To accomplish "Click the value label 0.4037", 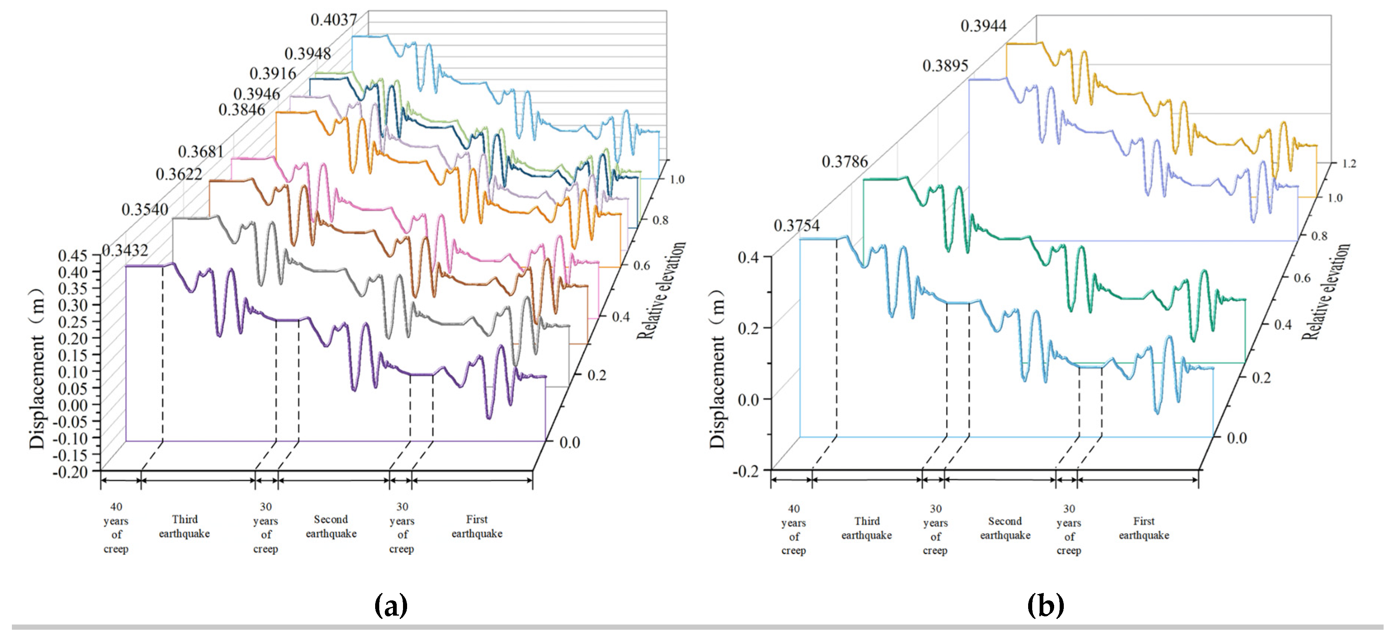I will [x=333, y=20].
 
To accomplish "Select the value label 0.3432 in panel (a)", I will [x=125, y=250].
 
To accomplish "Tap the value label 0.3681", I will [x=201, y=151].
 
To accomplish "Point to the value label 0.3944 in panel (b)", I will [x=983, y=25].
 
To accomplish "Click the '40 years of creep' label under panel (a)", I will [x=116, y=528].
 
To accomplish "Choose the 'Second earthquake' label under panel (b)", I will [x=1005, y=528].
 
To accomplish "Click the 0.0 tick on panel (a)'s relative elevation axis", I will [x=569, y=443].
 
